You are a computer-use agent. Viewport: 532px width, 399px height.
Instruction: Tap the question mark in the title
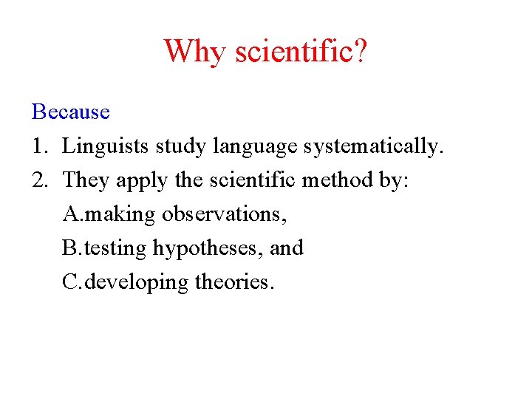tap(359, 51)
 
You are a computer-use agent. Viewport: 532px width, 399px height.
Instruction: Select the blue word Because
tap(71, 112)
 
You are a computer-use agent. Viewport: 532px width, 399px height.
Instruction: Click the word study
tap(181, 147)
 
